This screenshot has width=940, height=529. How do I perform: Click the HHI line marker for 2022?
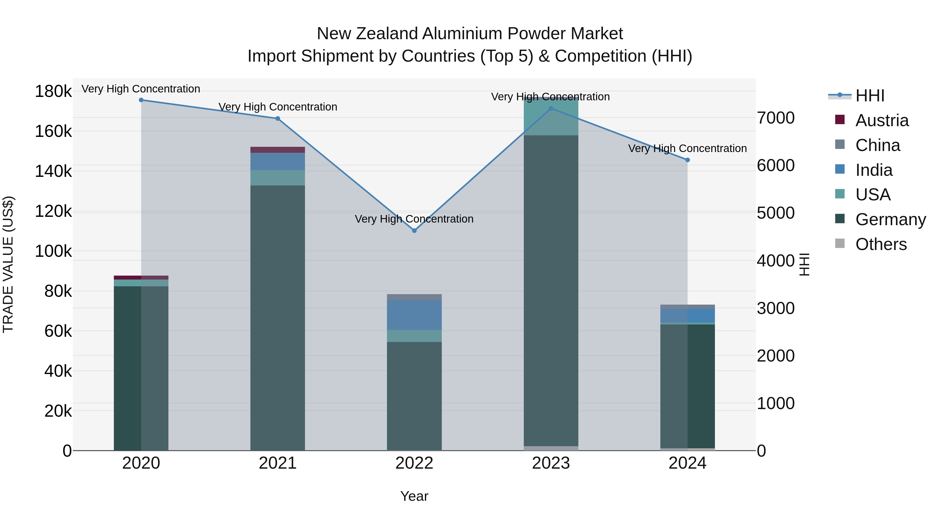[414, 230]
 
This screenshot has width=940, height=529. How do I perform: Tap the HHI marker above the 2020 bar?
[141, 100]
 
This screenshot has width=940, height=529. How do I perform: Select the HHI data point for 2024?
[688, 160]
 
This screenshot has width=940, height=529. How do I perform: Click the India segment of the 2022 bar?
[414, 315]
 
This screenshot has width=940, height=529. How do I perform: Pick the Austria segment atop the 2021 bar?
[278, 150]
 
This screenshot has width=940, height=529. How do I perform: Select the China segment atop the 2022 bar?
[414, 297]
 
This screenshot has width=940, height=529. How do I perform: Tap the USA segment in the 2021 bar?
[278, 178]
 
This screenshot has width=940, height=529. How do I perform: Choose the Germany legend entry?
[890, 219]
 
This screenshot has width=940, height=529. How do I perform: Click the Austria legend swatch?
[840, 120]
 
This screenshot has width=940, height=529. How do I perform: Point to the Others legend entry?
[881, 244]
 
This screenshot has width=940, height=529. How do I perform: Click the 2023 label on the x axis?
[551, 463]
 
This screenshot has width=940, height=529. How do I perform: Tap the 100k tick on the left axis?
[53, 251]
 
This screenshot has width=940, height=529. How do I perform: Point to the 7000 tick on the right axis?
[775, 118]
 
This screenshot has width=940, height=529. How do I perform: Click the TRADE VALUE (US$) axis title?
[8, 264]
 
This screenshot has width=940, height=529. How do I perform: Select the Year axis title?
[414, 496]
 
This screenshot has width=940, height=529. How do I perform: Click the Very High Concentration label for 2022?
[414, 219]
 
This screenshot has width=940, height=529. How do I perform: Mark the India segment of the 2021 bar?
[278, 161]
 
